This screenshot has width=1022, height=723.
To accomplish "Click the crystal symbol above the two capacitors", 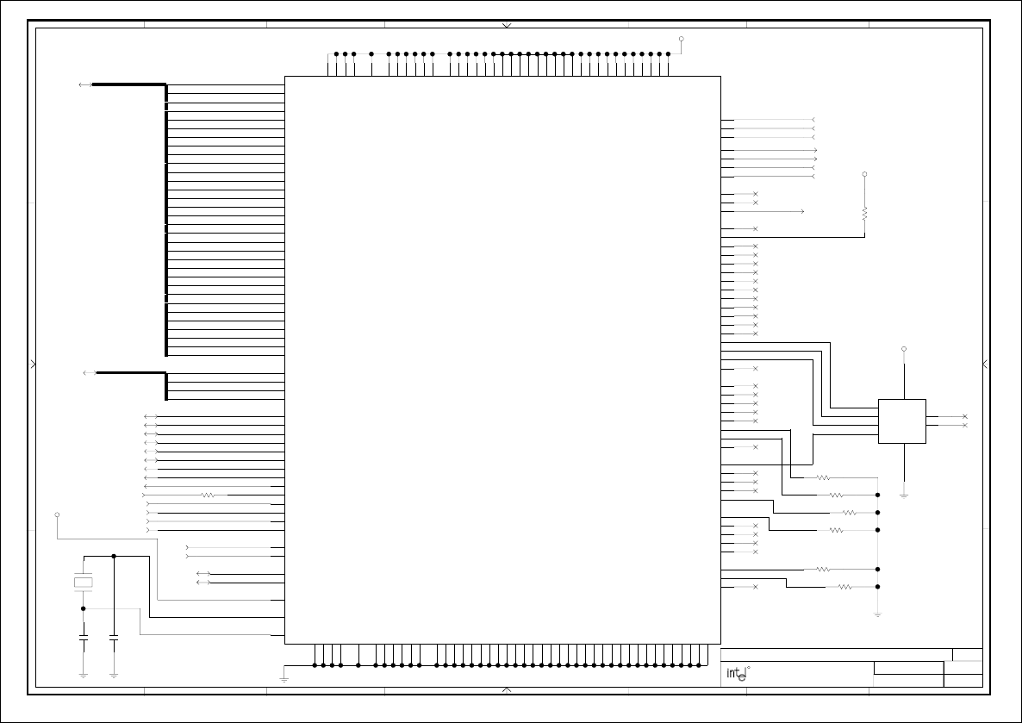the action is (x=83, y=583).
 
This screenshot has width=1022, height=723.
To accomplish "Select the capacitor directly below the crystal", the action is (x=83, y=641).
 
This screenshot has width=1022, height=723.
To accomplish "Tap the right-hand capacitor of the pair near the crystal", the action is (x=114, y=641).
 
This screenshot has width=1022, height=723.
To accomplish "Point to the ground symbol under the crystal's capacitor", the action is (x=83, y=674).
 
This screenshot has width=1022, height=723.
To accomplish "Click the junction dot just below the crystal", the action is (x=83, y=608).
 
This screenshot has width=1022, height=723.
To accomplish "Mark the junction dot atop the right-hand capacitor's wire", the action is (x=114, y=556).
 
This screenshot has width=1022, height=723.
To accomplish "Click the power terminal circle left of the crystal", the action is (x=57, y=514).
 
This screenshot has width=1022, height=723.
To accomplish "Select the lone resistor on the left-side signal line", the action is (x=207, y=495).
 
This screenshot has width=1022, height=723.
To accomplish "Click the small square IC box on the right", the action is (x=901, y=421).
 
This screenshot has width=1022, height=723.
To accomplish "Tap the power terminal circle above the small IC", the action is (x=904, y=349).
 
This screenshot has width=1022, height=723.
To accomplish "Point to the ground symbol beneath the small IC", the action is (x=904, y=495).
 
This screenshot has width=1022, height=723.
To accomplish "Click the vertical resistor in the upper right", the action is (x=864, y=212).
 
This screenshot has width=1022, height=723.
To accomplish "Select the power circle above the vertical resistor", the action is (x=864, y=174).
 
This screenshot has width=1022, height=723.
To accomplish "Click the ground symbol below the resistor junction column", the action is (x=877, y=614).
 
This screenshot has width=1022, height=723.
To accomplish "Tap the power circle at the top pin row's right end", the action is (x=681, y=39).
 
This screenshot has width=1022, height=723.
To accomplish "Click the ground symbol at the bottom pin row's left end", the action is (x=284, y=678).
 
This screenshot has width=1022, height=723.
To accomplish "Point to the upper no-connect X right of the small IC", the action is (x=964, y=416).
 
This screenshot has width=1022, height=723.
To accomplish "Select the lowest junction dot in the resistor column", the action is (x=877, y=587).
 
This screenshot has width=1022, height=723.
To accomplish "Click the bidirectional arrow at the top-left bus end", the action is (x=85, y=84).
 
